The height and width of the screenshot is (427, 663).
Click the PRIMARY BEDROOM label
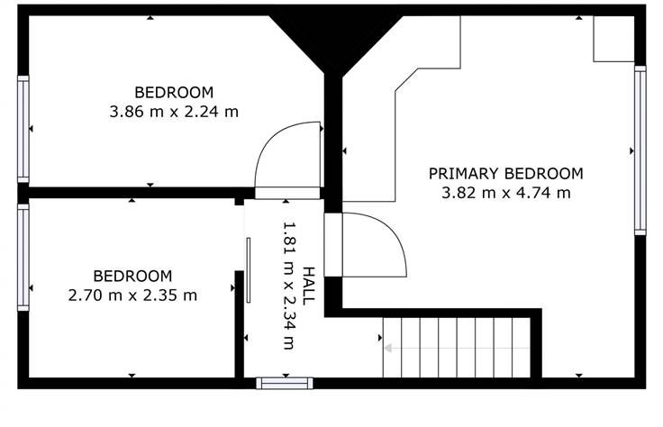[x=505, y=174]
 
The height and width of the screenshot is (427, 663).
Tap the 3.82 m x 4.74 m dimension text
[x=505, y=193]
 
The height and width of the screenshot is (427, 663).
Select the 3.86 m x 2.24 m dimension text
[x=174, y=112]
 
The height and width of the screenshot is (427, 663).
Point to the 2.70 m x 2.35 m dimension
[x=132, y=295]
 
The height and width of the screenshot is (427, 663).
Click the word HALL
[x=310, y=286]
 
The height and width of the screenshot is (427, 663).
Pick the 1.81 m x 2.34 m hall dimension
[x=288, y=286]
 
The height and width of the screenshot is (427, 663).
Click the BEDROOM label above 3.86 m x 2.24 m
[x=174, y=92]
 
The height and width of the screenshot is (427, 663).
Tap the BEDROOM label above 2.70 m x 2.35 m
[x=132, y=276]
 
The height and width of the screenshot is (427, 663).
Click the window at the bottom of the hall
[x=285, y=384]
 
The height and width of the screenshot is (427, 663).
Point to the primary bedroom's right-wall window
[x=640, y=150]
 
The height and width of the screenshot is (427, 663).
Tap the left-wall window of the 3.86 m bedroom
[x=23, y=129]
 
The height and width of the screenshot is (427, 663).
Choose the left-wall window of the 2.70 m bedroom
[x=23, y=257]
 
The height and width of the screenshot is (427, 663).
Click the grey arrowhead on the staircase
[x=387, y=349]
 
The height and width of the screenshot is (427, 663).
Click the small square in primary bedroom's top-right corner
[x=614, y=39]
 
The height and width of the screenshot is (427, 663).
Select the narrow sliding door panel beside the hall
[x=249, y=270]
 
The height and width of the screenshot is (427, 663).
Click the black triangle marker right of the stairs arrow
[x=380, y=338]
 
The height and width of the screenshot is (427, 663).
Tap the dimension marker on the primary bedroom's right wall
[x=632, y=150]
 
